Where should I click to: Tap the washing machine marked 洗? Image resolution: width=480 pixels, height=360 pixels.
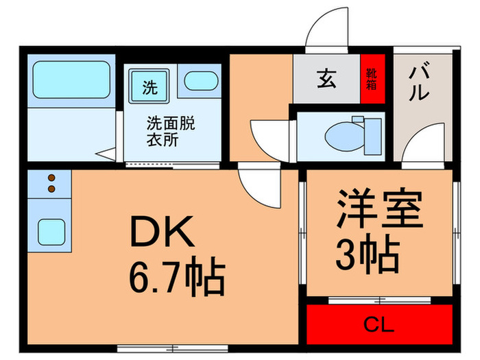[x=149, y=87]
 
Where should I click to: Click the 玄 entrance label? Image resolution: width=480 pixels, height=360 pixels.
[x=326, y=80]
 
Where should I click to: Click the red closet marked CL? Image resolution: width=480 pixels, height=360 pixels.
[x=380, y=323]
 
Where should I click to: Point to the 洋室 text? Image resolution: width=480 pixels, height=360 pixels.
[x=379, y=211]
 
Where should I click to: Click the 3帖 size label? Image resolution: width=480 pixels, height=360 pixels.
[x=367, y=254]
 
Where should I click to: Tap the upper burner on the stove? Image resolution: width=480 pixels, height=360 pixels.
[x=50, y=178]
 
